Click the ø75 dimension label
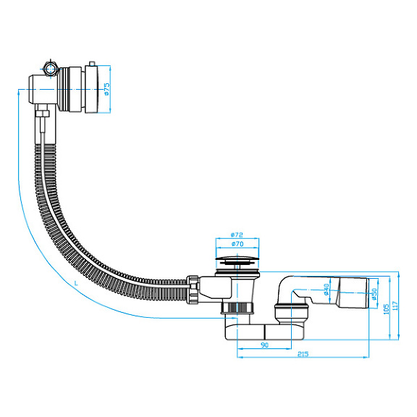point(106,89)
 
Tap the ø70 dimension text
point(235,246)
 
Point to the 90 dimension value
point(265,345)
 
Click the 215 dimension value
point(303,353)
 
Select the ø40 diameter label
point(327,291)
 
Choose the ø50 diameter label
point(374,295)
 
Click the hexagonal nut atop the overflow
point(50,69)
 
